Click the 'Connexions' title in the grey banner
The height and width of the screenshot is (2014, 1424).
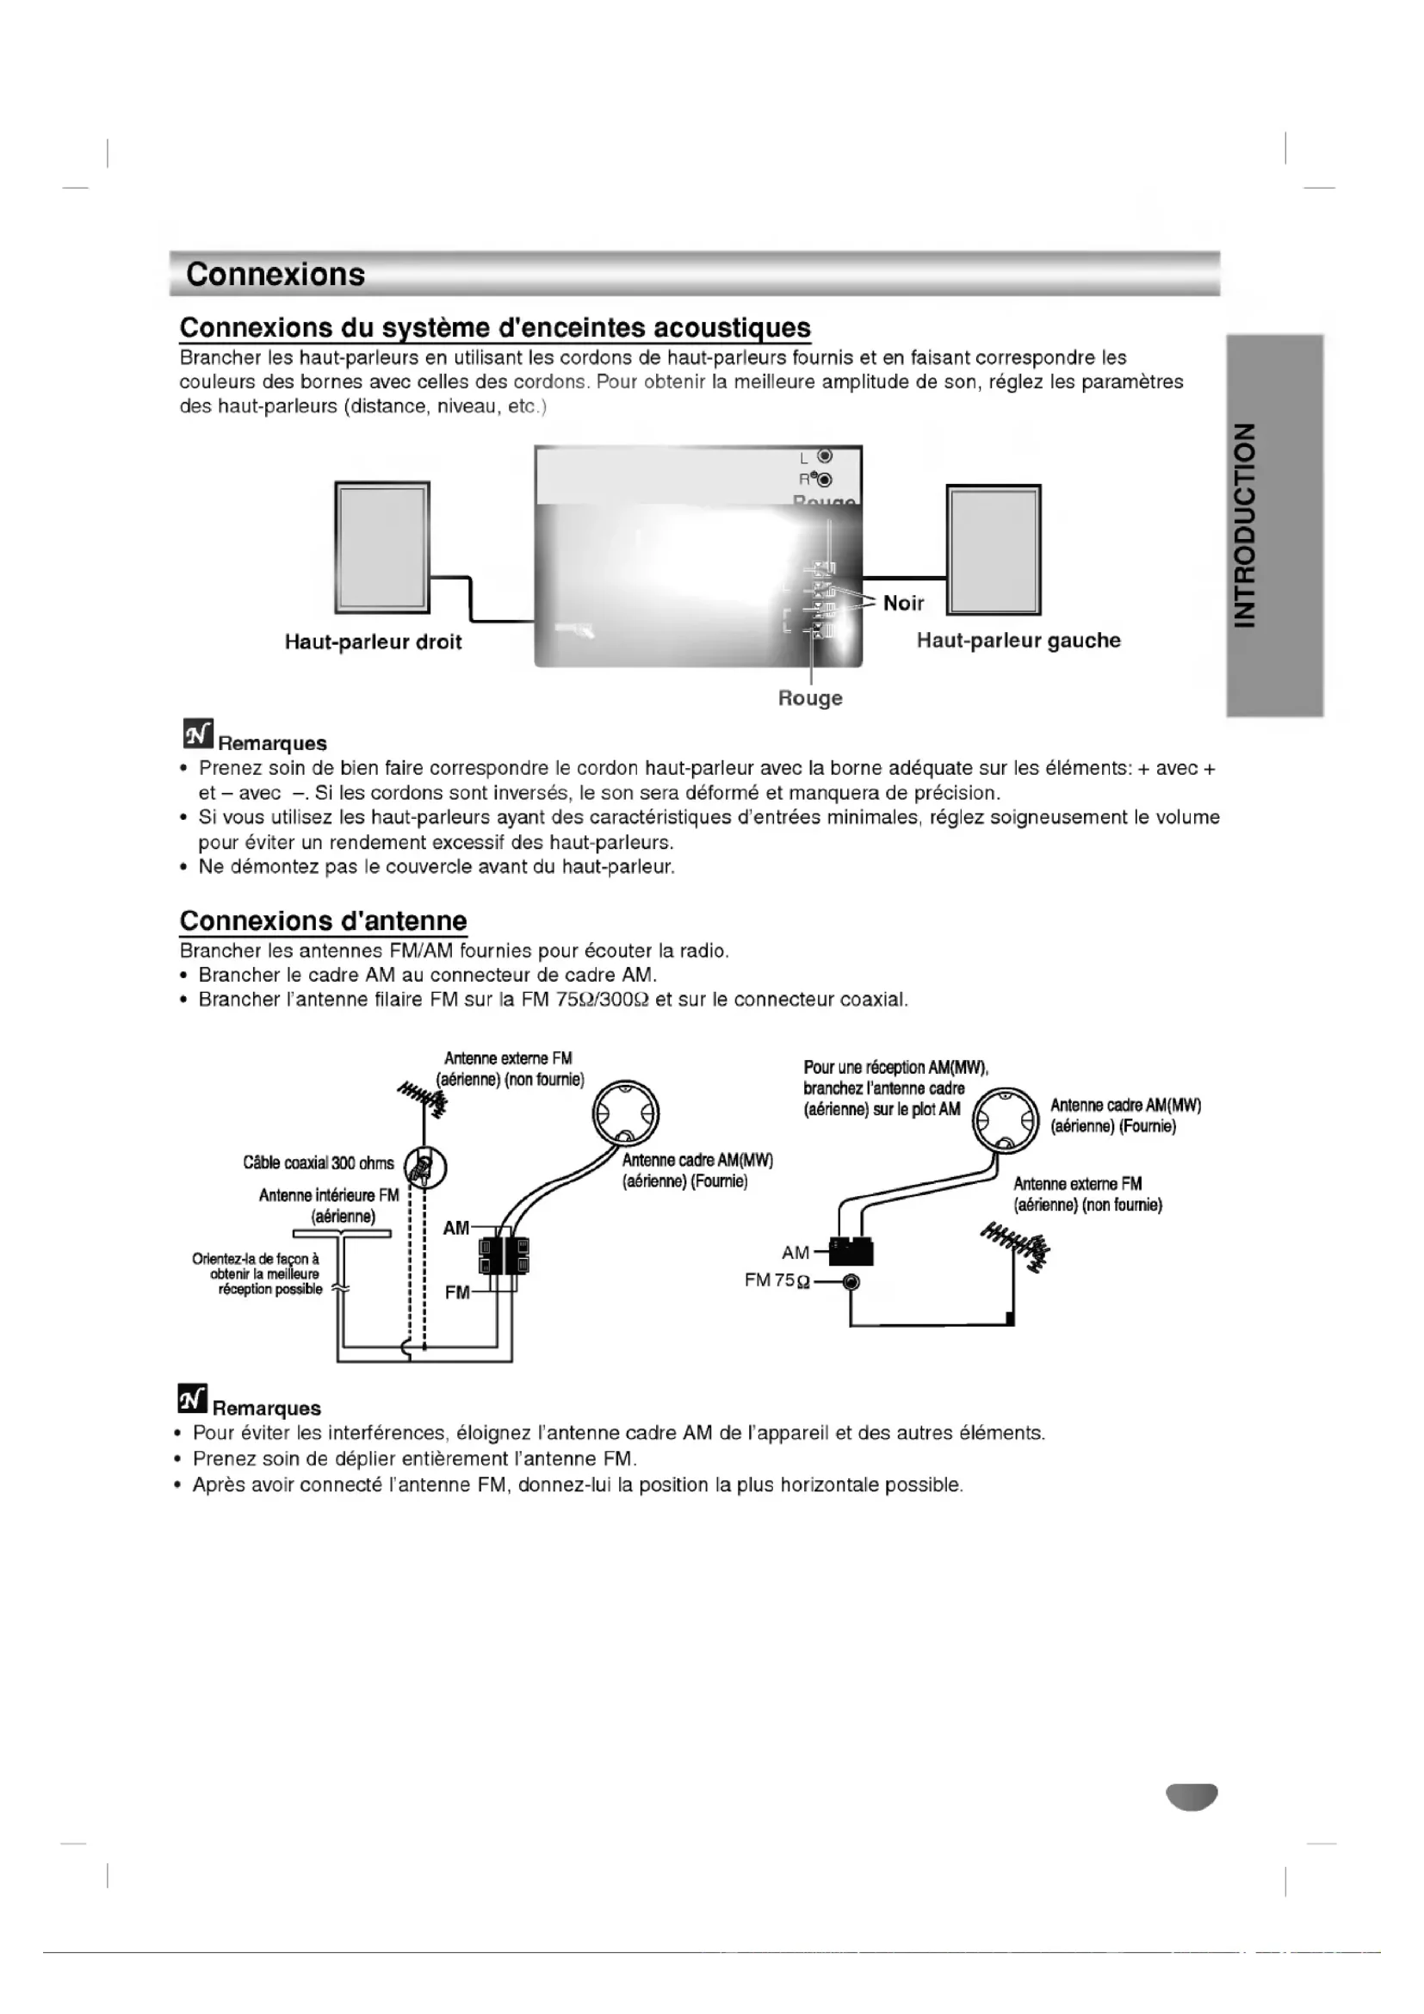[276, 275]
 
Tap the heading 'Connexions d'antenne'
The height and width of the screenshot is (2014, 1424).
[323, 920]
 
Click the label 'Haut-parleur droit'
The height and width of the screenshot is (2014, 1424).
[373, 642]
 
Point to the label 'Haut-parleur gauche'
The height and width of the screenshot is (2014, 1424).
[1018, 641]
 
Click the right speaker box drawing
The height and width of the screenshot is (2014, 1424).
[382, 548]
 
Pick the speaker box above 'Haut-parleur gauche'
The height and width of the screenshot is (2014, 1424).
[994, 549]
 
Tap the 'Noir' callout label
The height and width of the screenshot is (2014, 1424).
[903, 603]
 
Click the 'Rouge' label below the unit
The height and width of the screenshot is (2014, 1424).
[810, 698]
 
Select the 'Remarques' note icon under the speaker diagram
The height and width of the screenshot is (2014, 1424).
[198, 733]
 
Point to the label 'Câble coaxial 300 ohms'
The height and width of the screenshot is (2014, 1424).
[319, 1163]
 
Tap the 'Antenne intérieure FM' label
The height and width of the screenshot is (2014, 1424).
[329, 1195]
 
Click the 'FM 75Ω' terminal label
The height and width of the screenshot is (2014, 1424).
[775, 1280]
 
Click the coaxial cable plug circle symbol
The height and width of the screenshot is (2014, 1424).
[425, 1167]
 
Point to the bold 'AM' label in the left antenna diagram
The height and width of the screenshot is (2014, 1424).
[456, 1228]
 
